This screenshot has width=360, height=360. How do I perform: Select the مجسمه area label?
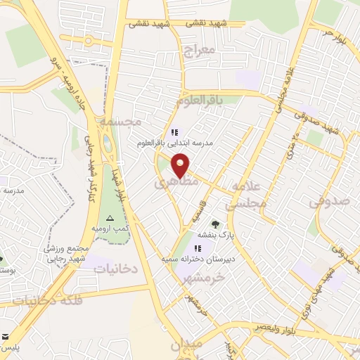pyautogui.click(x=120, y=121)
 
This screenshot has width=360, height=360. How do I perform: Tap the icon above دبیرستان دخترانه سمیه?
pyautogui.click(x=198, y=248)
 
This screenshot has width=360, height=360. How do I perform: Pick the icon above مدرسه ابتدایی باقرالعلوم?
pyautogui.click(x=174, y=131)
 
